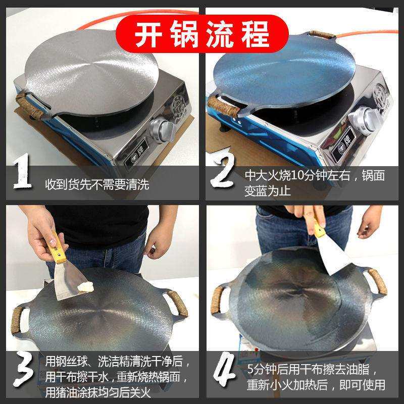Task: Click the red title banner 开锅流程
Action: pos(202,31)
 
